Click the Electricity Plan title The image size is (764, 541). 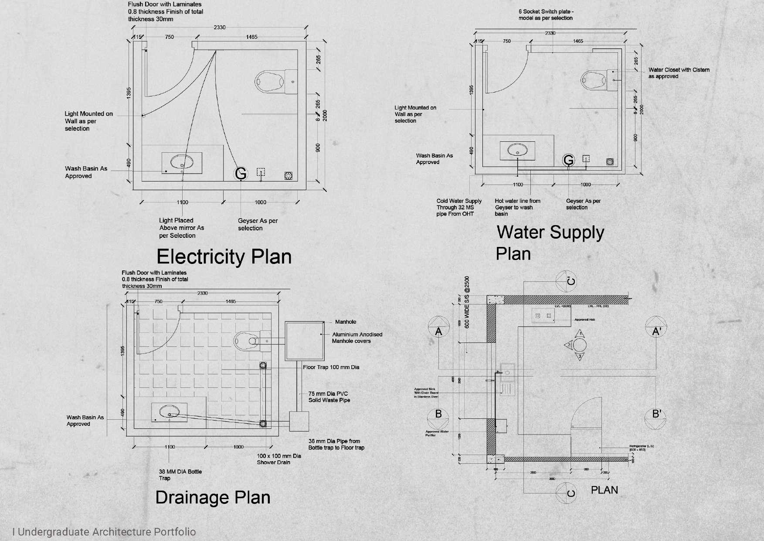(224, 257)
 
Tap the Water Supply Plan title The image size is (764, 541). (550, 243)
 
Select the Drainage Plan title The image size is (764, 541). (213, 497)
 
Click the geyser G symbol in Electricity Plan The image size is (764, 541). (241, 174)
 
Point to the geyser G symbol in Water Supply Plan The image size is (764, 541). (568, 161)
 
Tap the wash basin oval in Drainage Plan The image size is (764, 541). (170, 411)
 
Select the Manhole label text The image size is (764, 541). (346, 322)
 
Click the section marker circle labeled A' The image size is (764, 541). (656, 332)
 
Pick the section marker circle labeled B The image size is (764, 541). (439, 414)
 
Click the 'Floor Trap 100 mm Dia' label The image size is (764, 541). (331, 367)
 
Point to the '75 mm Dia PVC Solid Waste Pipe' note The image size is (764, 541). (329, 397)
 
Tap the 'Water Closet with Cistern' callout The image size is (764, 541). (679, 73)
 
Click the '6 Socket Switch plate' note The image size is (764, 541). (546, 15)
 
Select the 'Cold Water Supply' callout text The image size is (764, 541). (459, 207)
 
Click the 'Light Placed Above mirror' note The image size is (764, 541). (181, 228)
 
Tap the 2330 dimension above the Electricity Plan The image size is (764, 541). (220, 27)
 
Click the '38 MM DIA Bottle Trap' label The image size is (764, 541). (180, 475)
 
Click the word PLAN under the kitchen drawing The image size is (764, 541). (604, 490)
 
